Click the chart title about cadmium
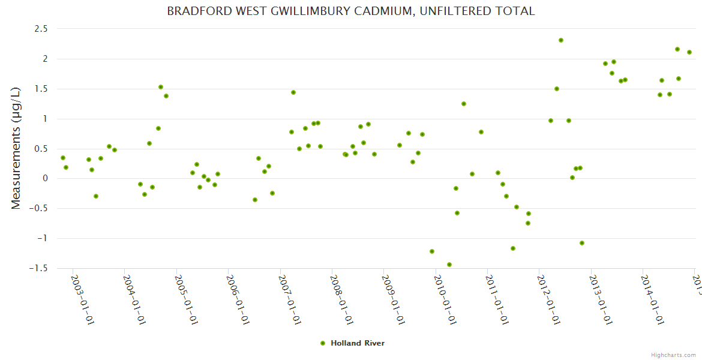(350, 11)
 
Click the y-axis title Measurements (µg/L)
(16, 148)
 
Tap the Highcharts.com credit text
(674, 355)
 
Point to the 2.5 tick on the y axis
(41, 29)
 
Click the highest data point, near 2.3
(561, 40)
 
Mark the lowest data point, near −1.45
(449, 265)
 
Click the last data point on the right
(689, 52)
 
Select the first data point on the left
(63, 158)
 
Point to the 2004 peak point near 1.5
(161, 87)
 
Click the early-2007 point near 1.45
(293, 92)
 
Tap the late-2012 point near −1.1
(582, 243)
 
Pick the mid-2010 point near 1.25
(464, 104)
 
